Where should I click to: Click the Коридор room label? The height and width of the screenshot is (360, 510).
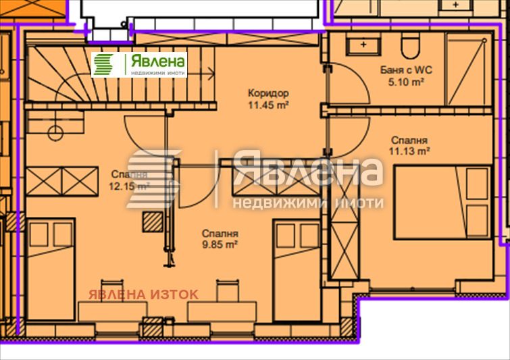(268, 93)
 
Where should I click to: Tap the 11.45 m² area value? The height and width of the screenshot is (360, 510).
(268, 105)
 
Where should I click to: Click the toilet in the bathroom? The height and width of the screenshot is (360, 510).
(409, 47)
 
